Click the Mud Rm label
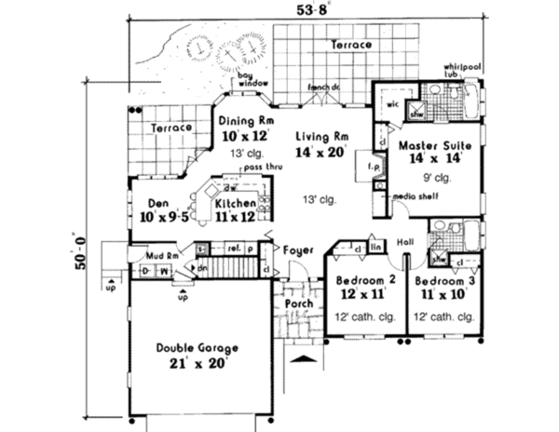pos(148,251)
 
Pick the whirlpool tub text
pos(462,76)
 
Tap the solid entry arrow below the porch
pos(301,359)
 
